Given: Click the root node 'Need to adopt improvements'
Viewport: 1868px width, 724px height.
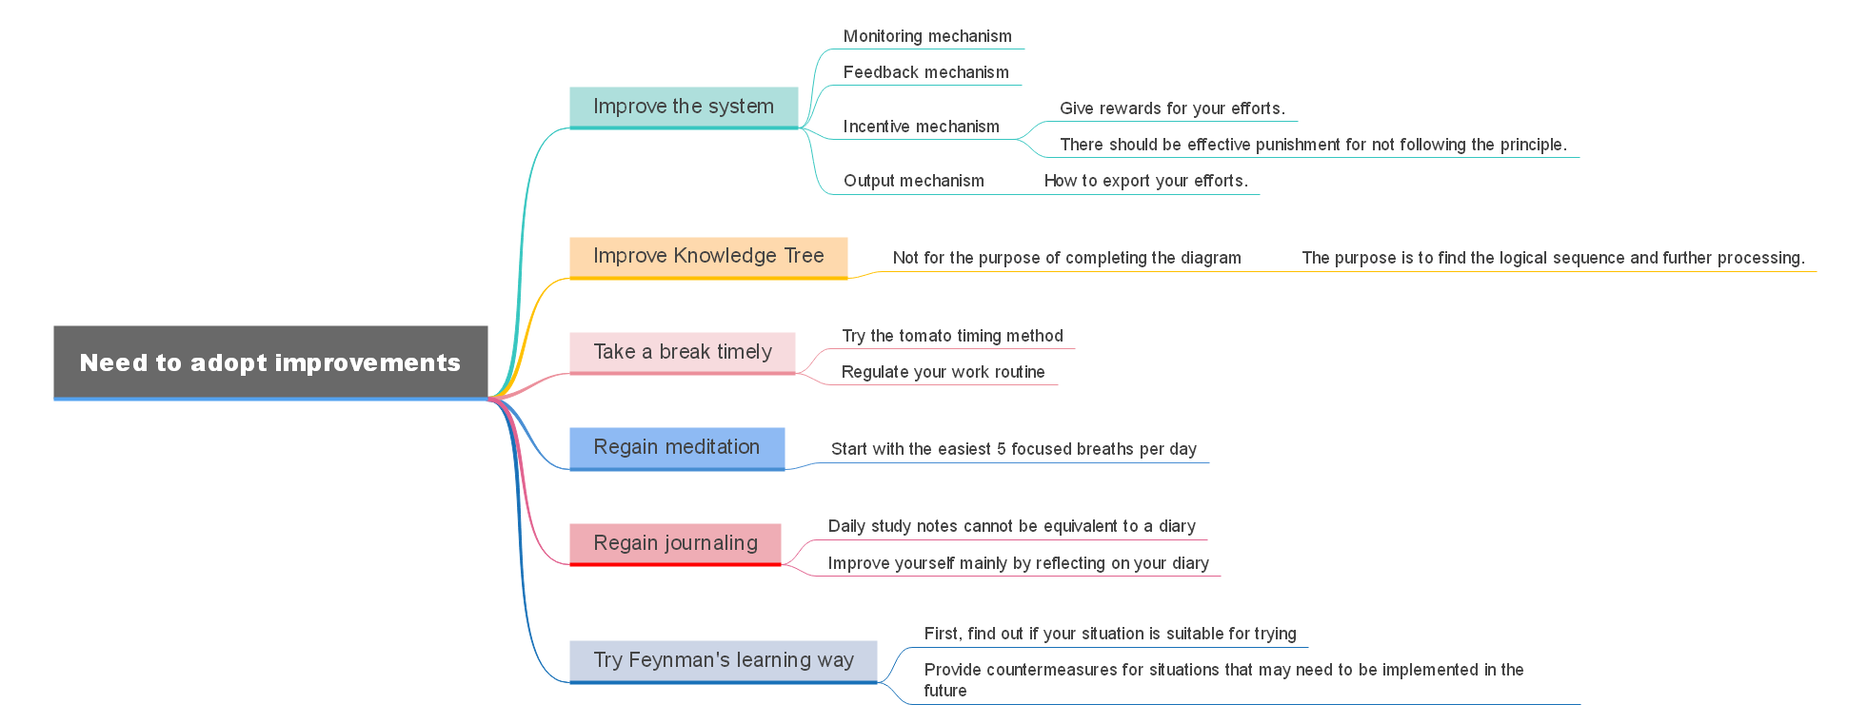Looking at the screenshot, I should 270,362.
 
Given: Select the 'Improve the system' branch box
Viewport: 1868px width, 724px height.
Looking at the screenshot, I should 684,107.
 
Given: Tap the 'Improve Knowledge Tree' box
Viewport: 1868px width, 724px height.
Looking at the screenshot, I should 708,256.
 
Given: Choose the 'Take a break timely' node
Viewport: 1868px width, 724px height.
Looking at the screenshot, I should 683,352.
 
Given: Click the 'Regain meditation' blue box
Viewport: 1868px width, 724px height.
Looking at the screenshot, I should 677,447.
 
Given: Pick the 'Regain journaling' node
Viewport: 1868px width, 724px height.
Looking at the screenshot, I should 675,543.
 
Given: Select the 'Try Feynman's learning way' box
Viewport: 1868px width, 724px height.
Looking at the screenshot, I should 724,660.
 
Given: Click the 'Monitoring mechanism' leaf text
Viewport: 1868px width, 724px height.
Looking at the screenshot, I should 927,36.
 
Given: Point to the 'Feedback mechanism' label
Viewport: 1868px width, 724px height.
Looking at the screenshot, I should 925,72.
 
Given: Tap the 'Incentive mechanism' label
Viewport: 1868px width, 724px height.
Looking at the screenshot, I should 921,127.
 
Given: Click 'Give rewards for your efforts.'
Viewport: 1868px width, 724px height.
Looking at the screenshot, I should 1172,108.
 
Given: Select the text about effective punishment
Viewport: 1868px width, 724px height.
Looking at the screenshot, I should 1313,145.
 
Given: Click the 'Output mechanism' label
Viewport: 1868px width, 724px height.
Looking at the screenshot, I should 913,181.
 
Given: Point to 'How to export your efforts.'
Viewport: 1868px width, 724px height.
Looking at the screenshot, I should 1145,181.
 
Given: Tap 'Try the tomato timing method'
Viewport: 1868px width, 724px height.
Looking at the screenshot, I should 952,336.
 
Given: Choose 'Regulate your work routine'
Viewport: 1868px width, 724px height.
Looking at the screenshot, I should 943,372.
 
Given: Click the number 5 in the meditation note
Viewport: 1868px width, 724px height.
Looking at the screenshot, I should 1002,449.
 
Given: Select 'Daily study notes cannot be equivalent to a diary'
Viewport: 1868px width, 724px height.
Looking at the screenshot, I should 1011,526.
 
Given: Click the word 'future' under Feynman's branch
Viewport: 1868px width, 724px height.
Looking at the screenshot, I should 944,691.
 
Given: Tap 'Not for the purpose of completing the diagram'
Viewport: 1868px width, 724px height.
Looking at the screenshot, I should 1066,258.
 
